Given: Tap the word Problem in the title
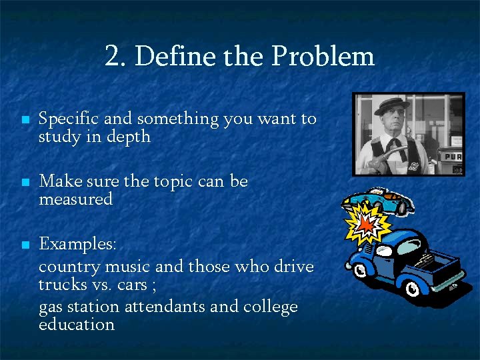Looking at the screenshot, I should pyautogui.click(x=323, y=57).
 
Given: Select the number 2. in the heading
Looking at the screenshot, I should pyautogui.click(x=116, y=57).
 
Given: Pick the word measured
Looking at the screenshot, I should pyautogui.click(x=75, y=199).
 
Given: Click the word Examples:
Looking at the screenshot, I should pyautogui.click(x=77, y=244).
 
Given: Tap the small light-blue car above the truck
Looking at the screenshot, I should pyautogui.click(x=379, y=201).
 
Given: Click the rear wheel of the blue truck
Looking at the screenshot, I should pyautogui.click(x=413, y=288).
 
